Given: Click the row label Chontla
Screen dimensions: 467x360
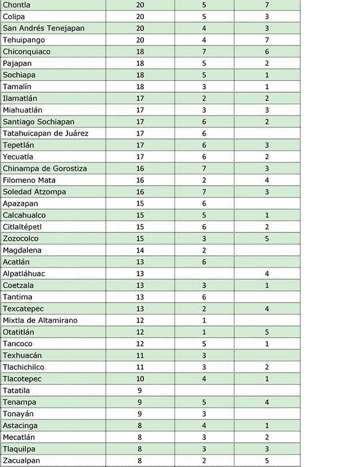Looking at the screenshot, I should click(16, 5).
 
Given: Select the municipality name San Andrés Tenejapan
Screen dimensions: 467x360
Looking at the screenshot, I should click(40, 28).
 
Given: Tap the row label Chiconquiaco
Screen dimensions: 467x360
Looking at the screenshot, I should click(26, 52).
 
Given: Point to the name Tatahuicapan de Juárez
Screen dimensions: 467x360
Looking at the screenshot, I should click(46, 133).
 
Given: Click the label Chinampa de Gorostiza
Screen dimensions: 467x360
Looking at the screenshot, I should click(44, 168).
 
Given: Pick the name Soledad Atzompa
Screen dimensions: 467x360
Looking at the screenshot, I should click(34, 192).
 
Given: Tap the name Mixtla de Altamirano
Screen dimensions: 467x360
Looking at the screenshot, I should click(40, 320).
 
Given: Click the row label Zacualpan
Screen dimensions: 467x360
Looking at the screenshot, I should click(21, 460).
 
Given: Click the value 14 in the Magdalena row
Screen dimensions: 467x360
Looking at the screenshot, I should click(140, 250).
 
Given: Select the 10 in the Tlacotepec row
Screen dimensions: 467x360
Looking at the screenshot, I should click(140, 379).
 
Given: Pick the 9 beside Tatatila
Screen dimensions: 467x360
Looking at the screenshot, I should click(140, 390).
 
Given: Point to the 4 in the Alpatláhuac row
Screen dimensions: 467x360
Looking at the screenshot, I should click(267, 273).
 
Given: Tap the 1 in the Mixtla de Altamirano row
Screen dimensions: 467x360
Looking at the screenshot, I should click(204, 320).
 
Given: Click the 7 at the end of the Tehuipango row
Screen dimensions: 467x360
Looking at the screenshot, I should click(267, 40).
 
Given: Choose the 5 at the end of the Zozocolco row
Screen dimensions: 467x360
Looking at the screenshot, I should click(267, 239).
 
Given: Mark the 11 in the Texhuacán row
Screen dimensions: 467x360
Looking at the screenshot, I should click(140, 355).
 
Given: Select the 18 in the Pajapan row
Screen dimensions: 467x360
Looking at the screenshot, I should click(140, 64).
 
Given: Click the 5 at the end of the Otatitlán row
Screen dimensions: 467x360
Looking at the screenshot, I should click(267, 332).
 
